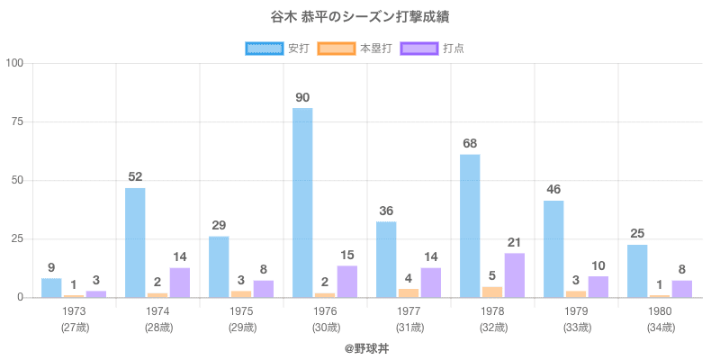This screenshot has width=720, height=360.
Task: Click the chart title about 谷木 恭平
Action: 359,18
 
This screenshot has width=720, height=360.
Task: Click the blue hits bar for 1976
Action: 302,202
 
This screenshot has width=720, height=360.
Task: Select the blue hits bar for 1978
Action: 470,226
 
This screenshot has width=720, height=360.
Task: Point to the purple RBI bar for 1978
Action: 515,275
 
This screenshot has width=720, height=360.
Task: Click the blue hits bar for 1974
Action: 135,243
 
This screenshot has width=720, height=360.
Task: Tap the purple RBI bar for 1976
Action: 347,282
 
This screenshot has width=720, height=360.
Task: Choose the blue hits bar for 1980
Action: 637,271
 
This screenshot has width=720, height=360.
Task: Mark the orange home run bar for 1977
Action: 409,292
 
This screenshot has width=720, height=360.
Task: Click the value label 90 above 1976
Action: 302,97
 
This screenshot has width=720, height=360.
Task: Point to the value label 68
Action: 470,144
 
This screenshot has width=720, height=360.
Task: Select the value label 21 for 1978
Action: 515,242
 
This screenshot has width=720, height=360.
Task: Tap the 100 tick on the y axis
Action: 14,63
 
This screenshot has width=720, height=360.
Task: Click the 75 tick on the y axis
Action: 17,121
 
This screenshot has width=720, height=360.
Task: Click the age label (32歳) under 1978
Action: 492,327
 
